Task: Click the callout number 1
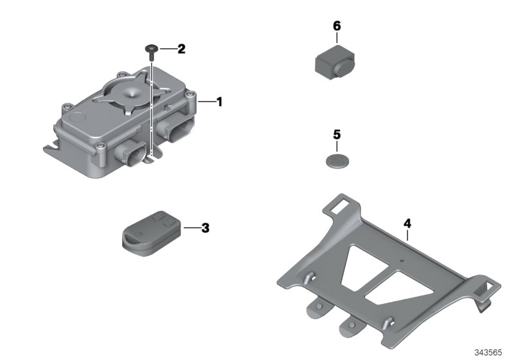(x=219, y=102)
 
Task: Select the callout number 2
(x=181, y=49)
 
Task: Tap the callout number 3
(x=205, y=228)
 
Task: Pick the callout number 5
(x=337, y=135)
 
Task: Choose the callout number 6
(x=337, y=26)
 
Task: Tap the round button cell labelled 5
(x=337, y=161)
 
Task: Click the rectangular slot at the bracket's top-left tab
(x=338, y=206)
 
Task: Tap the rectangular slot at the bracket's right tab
(x=487, y=285)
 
